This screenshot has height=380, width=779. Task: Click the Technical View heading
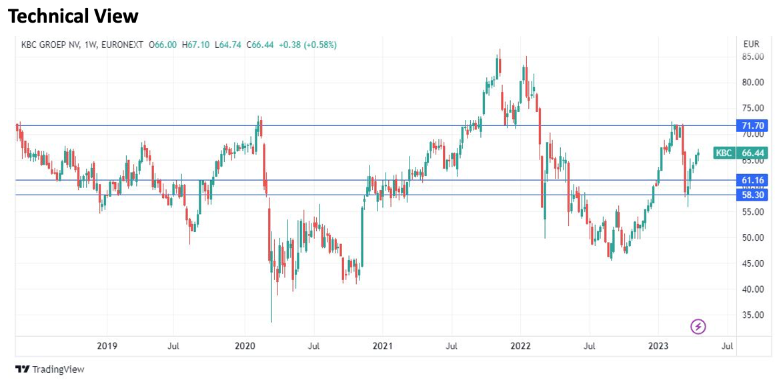(73, 16)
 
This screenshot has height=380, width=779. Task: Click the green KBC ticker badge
(724, 153)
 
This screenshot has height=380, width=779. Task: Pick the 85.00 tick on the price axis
(753, 57)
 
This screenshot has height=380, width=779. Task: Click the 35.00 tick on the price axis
(753, 315)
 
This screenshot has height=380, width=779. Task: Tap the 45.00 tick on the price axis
(753, 263)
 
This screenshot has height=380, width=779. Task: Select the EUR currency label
(751, 44)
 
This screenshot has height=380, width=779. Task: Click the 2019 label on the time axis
(107, 346)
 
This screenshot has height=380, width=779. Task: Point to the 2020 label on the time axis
(245, 346)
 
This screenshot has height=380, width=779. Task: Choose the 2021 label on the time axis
(382, 346)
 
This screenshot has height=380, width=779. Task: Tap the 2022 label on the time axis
(520, 346)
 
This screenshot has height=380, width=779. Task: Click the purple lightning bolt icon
(698, 327)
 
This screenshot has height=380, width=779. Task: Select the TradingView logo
(50, 369)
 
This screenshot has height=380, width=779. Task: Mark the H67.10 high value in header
(195, 45)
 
